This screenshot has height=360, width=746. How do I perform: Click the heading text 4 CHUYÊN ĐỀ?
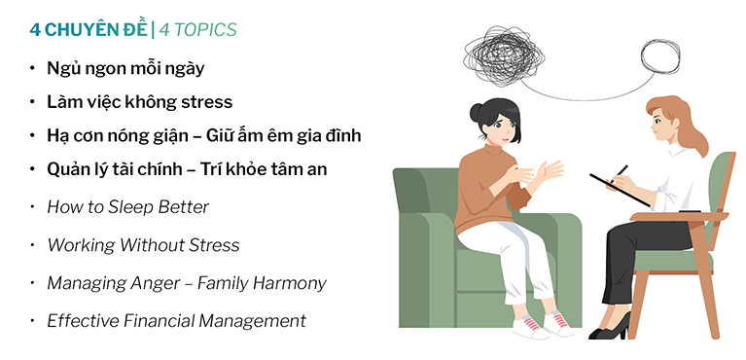point(89,29)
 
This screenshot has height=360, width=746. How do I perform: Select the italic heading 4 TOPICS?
point(197,30)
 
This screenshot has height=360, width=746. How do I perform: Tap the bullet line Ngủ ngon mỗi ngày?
point(125,68)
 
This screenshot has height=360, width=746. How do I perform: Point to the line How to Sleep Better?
point(128,207)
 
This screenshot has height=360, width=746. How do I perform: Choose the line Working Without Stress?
point(143,245)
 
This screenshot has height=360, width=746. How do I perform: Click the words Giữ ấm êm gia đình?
point(284,135)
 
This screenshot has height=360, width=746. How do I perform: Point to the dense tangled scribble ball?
point(504,56)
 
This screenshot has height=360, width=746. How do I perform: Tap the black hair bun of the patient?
point(477,113)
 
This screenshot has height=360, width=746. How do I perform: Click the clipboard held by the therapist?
point(620,191)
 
